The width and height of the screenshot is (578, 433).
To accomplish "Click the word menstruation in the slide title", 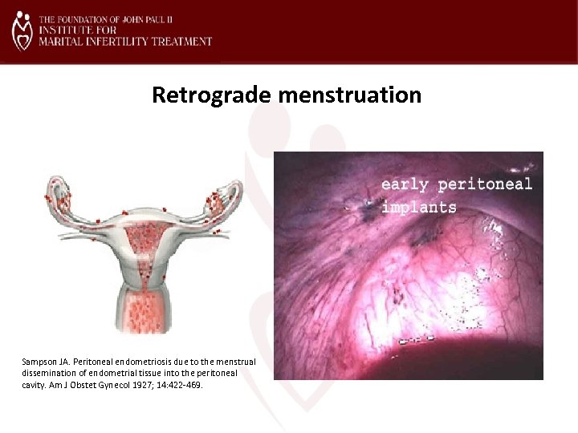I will point(349,95).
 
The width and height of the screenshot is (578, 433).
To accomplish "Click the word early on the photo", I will point(405,184).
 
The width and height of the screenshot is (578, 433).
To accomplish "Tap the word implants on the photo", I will point(418,207).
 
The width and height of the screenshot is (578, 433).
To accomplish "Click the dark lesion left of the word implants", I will point(365,211).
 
